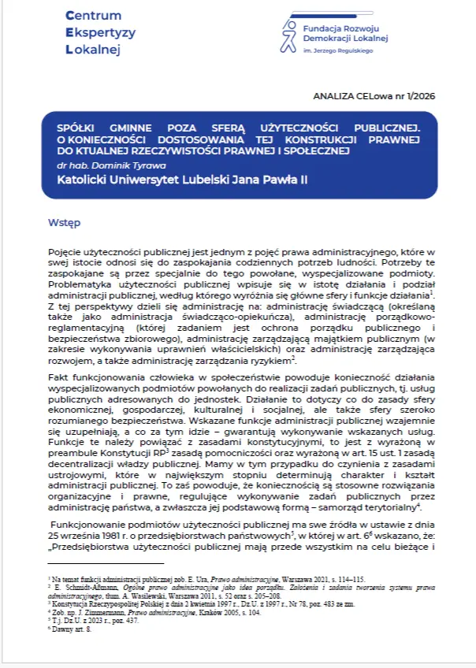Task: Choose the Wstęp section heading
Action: pos(63,223)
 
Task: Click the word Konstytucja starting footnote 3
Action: pos(70,603)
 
